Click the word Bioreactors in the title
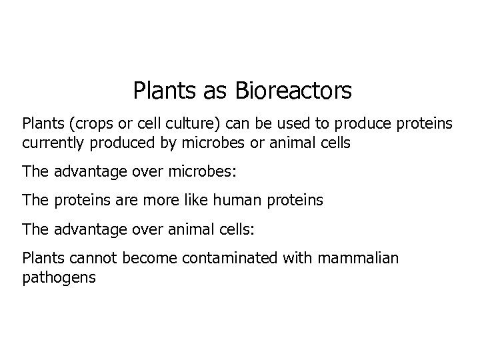[x=293, y=91]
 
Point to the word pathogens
[x=59, y=277]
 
